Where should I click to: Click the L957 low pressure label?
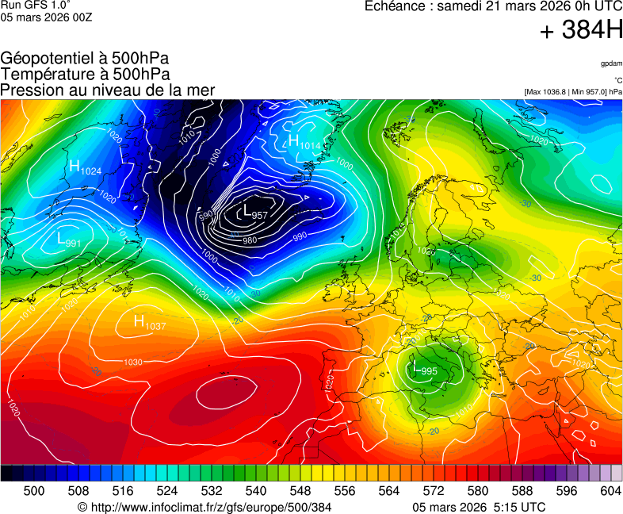(254, 213)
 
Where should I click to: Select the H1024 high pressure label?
(85, 167)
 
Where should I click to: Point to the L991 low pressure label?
(69, 239)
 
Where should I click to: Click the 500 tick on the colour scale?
(34, 491)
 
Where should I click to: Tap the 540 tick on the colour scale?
(256, 491)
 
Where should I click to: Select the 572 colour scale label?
(434, 491)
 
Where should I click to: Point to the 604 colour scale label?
(610, 491)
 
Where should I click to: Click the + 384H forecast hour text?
(580, 31)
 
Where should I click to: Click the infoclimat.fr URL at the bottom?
(210, 507)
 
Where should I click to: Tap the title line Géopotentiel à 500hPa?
(85, 59)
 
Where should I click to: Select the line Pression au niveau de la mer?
(108, 90)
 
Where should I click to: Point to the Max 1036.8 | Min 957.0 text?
(573, 92)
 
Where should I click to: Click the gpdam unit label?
(611, 63)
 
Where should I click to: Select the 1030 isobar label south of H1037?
(132, 362)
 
